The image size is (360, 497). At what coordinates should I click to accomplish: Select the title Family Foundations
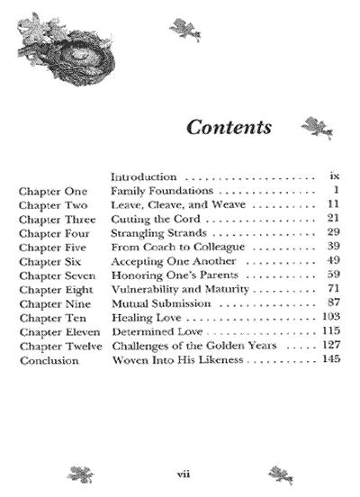(x=161, y=191)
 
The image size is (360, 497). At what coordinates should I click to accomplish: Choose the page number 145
(x=331, y=360)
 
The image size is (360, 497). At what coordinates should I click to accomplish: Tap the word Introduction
(x=144, y=177)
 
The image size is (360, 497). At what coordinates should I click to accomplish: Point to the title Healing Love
(x=148, y=319)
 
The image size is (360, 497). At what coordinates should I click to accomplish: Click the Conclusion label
(x=47, y=361)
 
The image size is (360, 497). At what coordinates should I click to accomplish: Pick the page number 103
(x=330, y=318)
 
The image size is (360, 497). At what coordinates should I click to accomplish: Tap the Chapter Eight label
(x=53, y=290)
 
